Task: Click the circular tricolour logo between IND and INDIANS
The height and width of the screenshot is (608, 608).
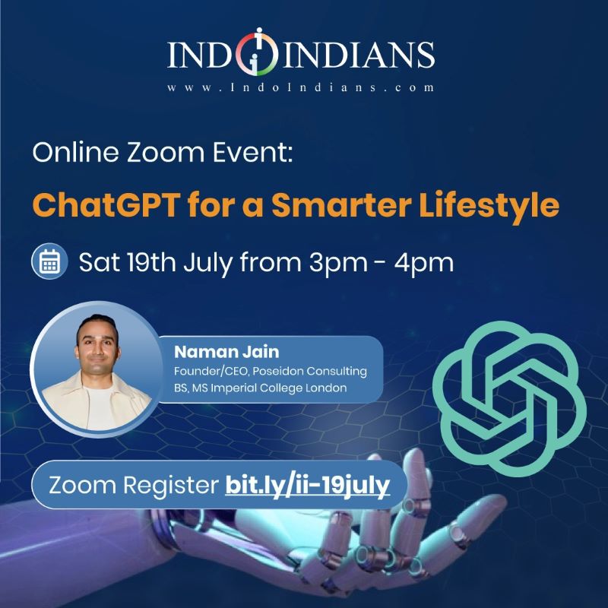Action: click(x=258, y=52)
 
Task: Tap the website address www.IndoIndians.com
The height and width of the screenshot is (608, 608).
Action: click(x=300, y=87)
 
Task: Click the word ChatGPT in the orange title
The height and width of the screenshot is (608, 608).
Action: click(x=106, y=204)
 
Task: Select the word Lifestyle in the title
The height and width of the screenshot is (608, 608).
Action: click(x=489, y=206)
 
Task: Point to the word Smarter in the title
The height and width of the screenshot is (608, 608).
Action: click(x=341, y=204)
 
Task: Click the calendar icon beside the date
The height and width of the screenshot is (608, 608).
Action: click(x=49, y=261)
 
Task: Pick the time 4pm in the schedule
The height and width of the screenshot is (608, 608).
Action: click(x=424, y=264)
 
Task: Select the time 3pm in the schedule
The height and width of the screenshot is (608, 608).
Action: click(x=338, y=264)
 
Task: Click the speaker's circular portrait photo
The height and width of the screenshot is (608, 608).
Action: click(x=97, y=369)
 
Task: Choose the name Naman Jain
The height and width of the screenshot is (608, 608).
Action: click(x=226, y=352)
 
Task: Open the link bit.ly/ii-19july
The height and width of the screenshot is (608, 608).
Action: click(x=308, y=485)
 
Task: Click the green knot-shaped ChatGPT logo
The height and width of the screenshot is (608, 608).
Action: click(x=509, y=398)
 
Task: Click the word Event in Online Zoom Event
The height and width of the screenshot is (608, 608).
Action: click(x=252, y=153)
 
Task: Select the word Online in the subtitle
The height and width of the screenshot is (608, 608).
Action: click(x=75, y=152)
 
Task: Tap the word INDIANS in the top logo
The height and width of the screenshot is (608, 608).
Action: click(x=359, y=55)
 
